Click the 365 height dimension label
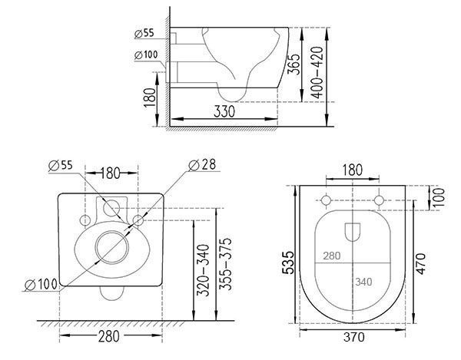point(294,64)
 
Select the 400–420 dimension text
point(317,72)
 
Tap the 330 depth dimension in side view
point(224,111)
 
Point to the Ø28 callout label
point(202,165)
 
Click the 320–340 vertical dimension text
point(203,270)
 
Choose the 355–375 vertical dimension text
point(226,264)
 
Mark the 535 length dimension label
point(288,263)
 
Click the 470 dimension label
point(421,264)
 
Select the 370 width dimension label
point(354,337)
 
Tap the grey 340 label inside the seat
point(363,282)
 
